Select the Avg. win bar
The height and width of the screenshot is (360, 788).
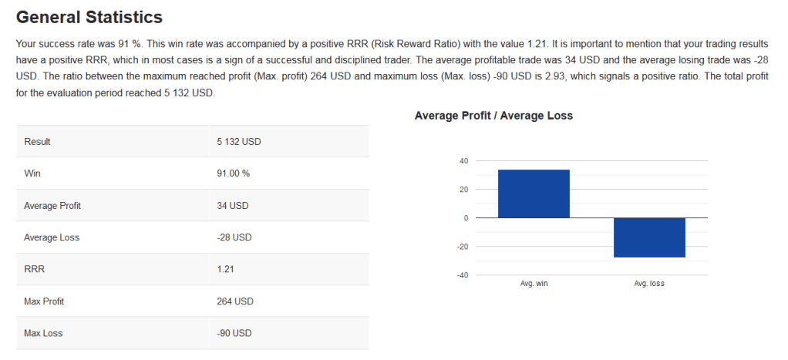tap(534, 193)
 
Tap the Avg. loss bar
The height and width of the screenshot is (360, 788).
tap(649, 237)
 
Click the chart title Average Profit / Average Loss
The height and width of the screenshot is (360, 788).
tap(493, 116)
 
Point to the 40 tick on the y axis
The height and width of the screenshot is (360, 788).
tap(463, 161)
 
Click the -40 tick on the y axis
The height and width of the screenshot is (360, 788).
tap(463, 275)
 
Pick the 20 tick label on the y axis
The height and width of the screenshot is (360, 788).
tap(463, 190)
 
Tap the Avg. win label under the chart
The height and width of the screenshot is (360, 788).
tap(534, 284)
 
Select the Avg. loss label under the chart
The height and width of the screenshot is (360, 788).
tap(649, 284)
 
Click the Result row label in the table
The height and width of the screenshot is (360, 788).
tap(37, 142)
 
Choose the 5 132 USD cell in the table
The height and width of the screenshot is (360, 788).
tap(239, 142)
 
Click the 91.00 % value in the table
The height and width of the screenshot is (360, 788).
tap(234, 173)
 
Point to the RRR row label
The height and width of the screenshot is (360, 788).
tap(34, 269)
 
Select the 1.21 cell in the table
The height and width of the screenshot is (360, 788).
tap(226, 269)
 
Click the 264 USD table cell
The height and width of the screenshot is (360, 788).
tap(235, 301)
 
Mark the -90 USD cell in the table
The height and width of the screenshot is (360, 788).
tap(234, 333)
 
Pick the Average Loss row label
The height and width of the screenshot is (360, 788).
tap(52, 237)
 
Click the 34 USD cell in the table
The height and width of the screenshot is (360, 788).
tap(233, 206)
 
